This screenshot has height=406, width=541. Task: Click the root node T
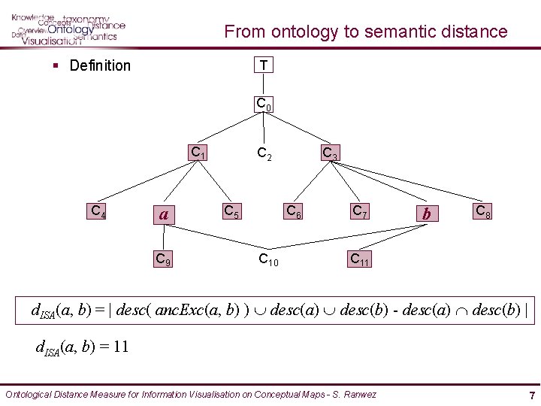tap(264, 65)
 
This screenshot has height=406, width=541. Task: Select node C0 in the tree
tap(264, 104)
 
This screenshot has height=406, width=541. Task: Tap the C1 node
tap(198, 153)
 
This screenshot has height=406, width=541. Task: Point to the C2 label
tap(264, 154)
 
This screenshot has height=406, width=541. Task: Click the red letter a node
tap(163, 215)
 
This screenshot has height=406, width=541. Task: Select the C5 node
tap(231, 212)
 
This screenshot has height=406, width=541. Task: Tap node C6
tap(293, 212)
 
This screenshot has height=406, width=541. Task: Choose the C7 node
tap(360, 212)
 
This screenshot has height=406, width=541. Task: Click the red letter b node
tap(427, 214)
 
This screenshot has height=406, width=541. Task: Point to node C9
tap(162, 259)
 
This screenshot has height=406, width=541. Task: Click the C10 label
tap(268, 260)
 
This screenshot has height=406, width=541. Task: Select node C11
tap(359, 259)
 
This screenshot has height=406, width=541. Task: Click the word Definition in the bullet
tap(100, 65)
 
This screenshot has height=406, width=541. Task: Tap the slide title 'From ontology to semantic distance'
tap(366, 32)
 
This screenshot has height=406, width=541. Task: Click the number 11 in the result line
tap(122, 347)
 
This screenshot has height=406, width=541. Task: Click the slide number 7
tap(531, 395)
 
